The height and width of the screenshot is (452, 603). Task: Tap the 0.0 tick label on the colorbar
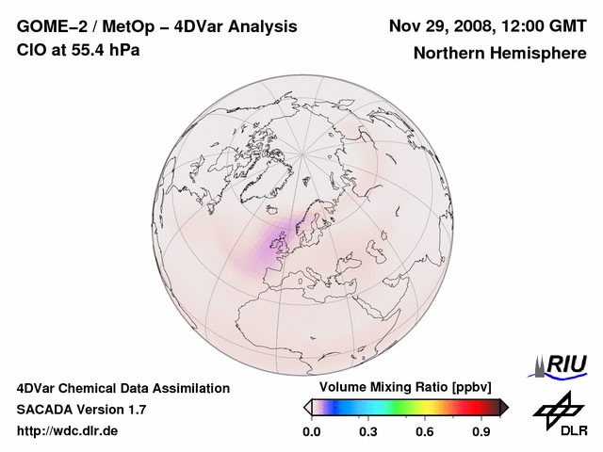311,432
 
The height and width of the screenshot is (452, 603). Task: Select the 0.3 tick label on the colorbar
368,432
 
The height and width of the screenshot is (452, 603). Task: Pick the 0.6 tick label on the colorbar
426,432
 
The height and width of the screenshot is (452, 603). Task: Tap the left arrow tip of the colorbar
307,407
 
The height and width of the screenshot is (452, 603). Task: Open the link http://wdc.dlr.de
67,431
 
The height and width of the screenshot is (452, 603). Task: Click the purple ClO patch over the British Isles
279,243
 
